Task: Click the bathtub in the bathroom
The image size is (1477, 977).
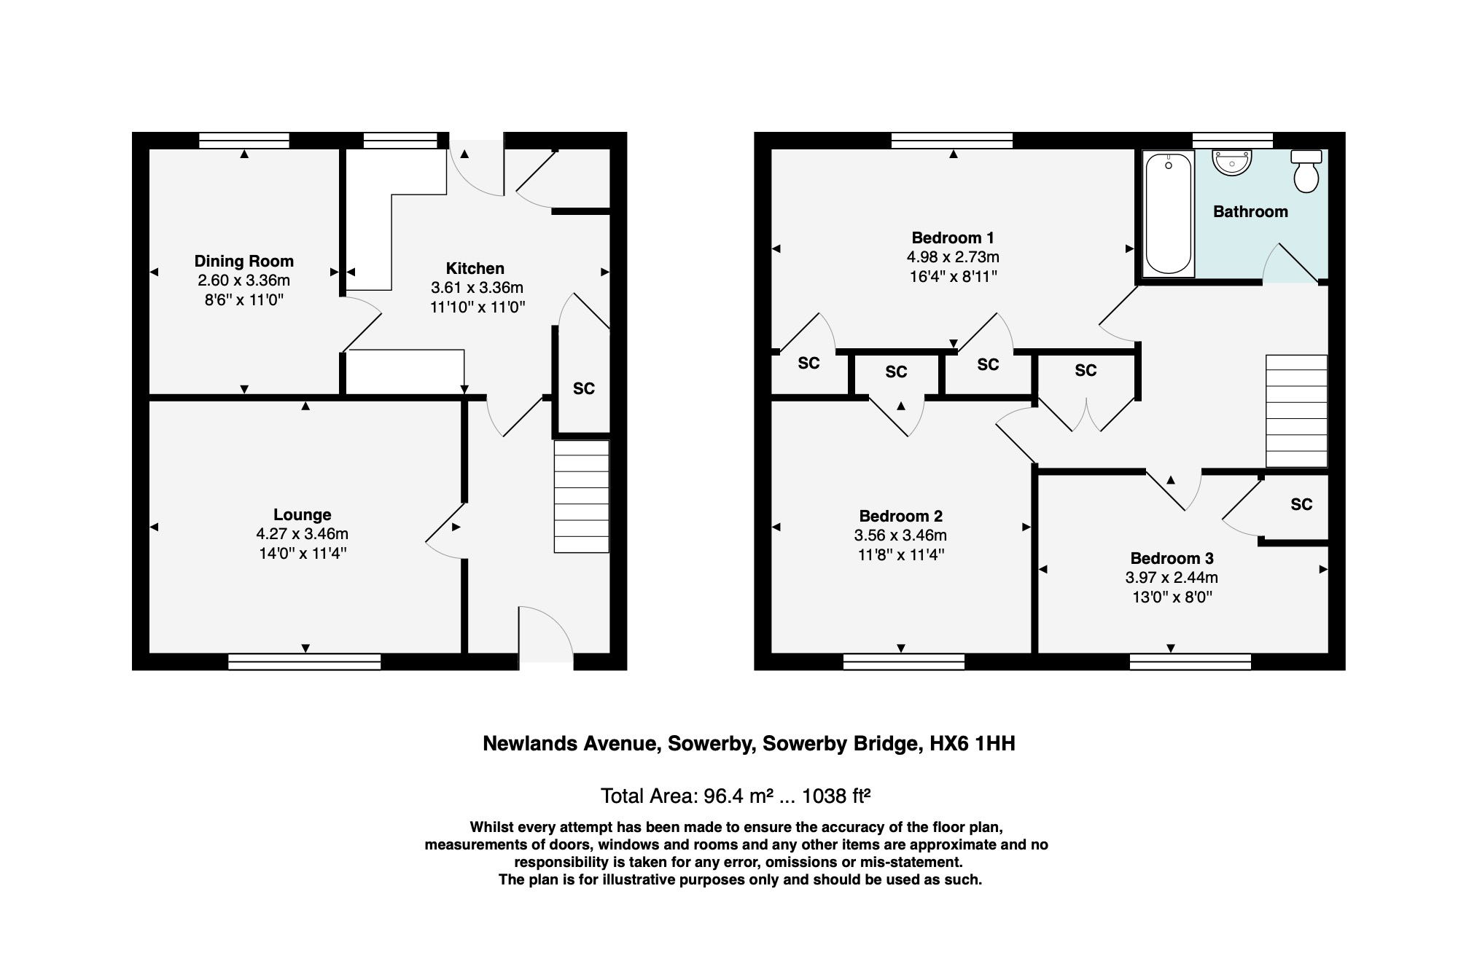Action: [1168, 213]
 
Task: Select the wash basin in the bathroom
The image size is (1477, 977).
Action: [1232, 162]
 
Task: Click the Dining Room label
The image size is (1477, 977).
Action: [243, 261]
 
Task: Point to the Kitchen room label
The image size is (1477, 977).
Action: [475, 268]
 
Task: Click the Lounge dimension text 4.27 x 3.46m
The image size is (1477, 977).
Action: [302, 534]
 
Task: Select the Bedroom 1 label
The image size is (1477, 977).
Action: [952, 238]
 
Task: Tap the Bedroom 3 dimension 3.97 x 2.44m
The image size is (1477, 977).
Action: [1171, 578]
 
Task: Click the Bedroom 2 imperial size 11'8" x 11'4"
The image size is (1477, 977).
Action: [900, 554]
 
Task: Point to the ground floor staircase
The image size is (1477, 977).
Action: [581, 496]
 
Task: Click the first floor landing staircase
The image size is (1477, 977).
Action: [1296, 411]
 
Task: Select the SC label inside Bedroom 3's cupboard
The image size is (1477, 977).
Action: [1301, 504]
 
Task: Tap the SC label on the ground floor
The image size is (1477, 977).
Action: [583, 388]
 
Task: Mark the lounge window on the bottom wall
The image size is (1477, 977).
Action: [304, 662]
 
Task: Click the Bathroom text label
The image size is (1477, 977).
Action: [1250, 212]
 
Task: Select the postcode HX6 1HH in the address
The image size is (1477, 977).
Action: [972, 744]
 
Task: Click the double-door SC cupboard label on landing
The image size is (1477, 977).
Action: [1085, 370]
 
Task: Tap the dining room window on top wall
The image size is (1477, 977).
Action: [243, 140]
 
